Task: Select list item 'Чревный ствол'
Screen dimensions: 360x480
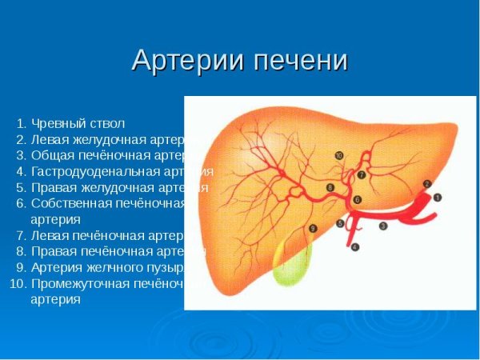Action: coord(78,123)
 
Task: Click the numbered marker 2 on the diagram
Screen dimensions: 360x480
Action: coord(427,183)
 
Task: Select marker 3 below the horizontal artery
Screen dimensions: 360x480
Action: coord(382,226)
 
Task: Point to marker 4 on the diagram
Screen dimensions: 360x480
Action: coord(355,246)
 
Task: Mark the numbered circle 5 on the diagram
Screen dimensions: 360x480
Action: coord(340,223)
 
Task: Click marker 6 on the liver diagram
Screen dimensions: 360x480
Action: coord(357,198)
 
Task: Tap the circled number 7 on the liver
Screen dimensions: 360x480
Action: coord(361,174)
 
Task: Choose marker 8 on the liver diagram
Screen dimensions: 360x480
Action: coord(330,187)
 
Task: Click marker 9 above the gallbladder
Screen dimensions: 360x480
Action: coord(312,229)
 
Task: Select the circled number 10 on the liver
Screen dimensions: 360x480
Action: coord(339,154)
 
